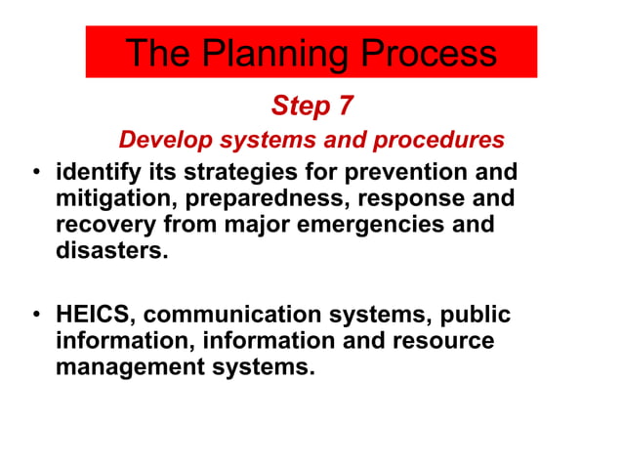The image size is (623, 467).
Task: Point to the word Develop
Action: tap(161, 140)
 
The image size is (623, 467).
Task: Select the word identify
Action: tap(97, 173)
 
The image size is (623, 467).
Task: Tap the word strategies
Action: tap(239, 173)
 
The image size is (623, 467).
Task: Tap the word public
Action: tap(472, 316)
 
